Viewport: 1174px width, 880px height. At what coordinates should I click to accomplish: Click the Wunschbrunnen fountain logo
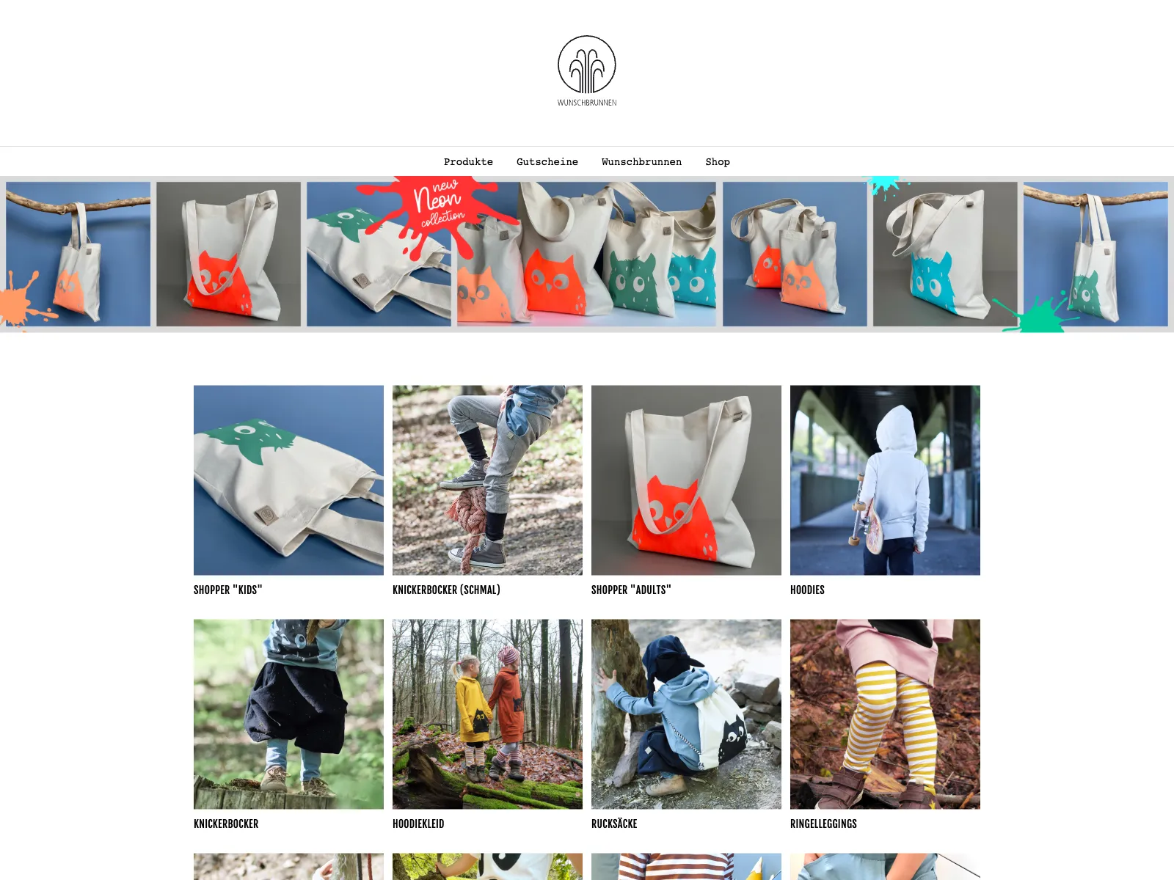[x=587, y=66]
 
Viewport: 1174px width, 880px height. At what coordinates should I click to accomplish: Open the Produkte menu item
[x=468, y=162]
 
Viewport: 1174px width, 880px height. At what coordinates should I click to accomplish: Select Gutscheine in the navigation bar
[x=547, y=162]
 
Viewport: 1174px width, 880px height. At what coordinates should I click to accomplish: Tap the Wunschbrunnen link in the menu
[x=641, y=162]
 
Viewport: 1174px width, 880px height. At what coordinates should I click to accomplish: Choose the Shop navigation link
[x=717, y=162]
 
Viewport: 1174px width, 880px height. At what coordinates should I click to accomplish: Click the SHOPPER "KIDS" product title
[x=227, y=590]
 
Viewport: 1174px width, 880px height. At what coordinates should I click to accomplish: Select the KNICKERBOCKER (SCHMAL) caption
[x=446, y=590]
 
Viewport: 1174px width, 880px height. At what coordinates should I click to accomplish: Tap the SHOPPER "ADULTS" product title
[x=631, y=590]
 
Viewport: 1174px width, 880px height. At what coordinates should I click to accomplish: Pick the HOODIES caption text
[x=807, y=590]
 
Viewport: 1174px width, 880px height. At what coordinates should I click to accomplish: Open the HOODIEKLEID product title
[x=418, y=824]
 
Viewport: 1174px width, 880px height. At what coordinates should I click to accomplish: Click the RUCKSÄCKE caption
[x=614, y=824]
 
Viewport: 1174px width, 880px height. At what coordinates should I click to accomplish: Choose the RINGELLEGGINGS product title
[x=823, y=824]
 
